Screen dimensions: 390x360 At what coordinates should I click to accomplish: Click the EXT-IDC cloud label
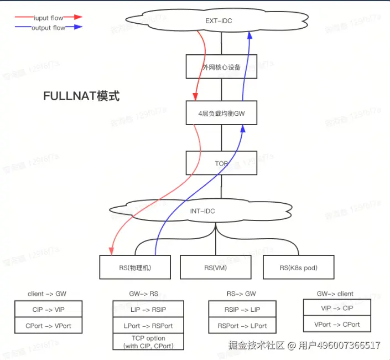[221, 21]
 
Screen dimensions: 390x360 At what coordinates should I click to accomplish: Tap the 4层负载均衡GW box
[221, 114]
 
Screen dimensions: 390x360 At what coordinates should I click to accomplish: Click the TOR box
[221, 164]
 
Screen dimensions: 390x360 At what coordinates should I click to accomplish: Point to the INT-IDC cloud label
[202, 211]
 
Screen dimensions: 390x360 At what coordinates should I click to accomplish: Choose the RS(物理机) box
[135, 268]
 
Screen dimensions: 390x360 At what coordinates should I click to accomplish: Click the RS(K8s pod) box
[298, 268]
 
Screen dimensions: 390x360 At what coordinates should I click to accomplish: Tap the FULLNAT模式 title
[81, 96]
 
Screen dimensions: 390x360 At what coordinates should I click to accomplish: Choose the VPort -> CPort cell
[336, 325]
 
